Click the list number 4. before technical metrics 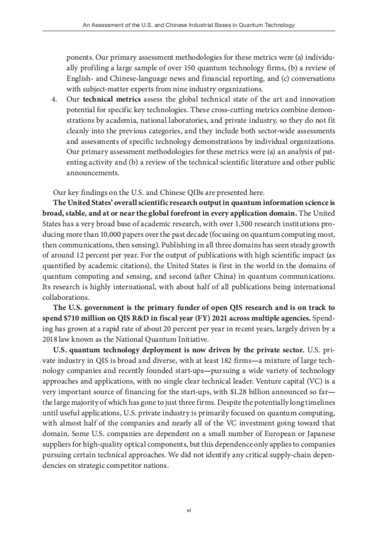[54, 99]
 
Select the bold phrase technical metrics [112, 99]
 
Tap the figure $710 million [75, 318]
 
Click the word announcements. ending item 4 [93, 173]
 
